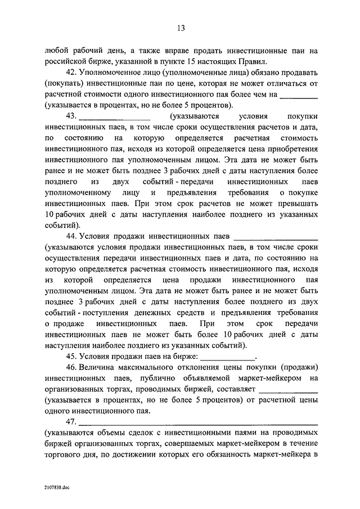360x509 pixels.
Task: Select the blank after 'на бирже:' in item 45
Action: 227,355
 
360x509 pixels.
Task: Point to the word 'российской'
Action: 64,62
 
